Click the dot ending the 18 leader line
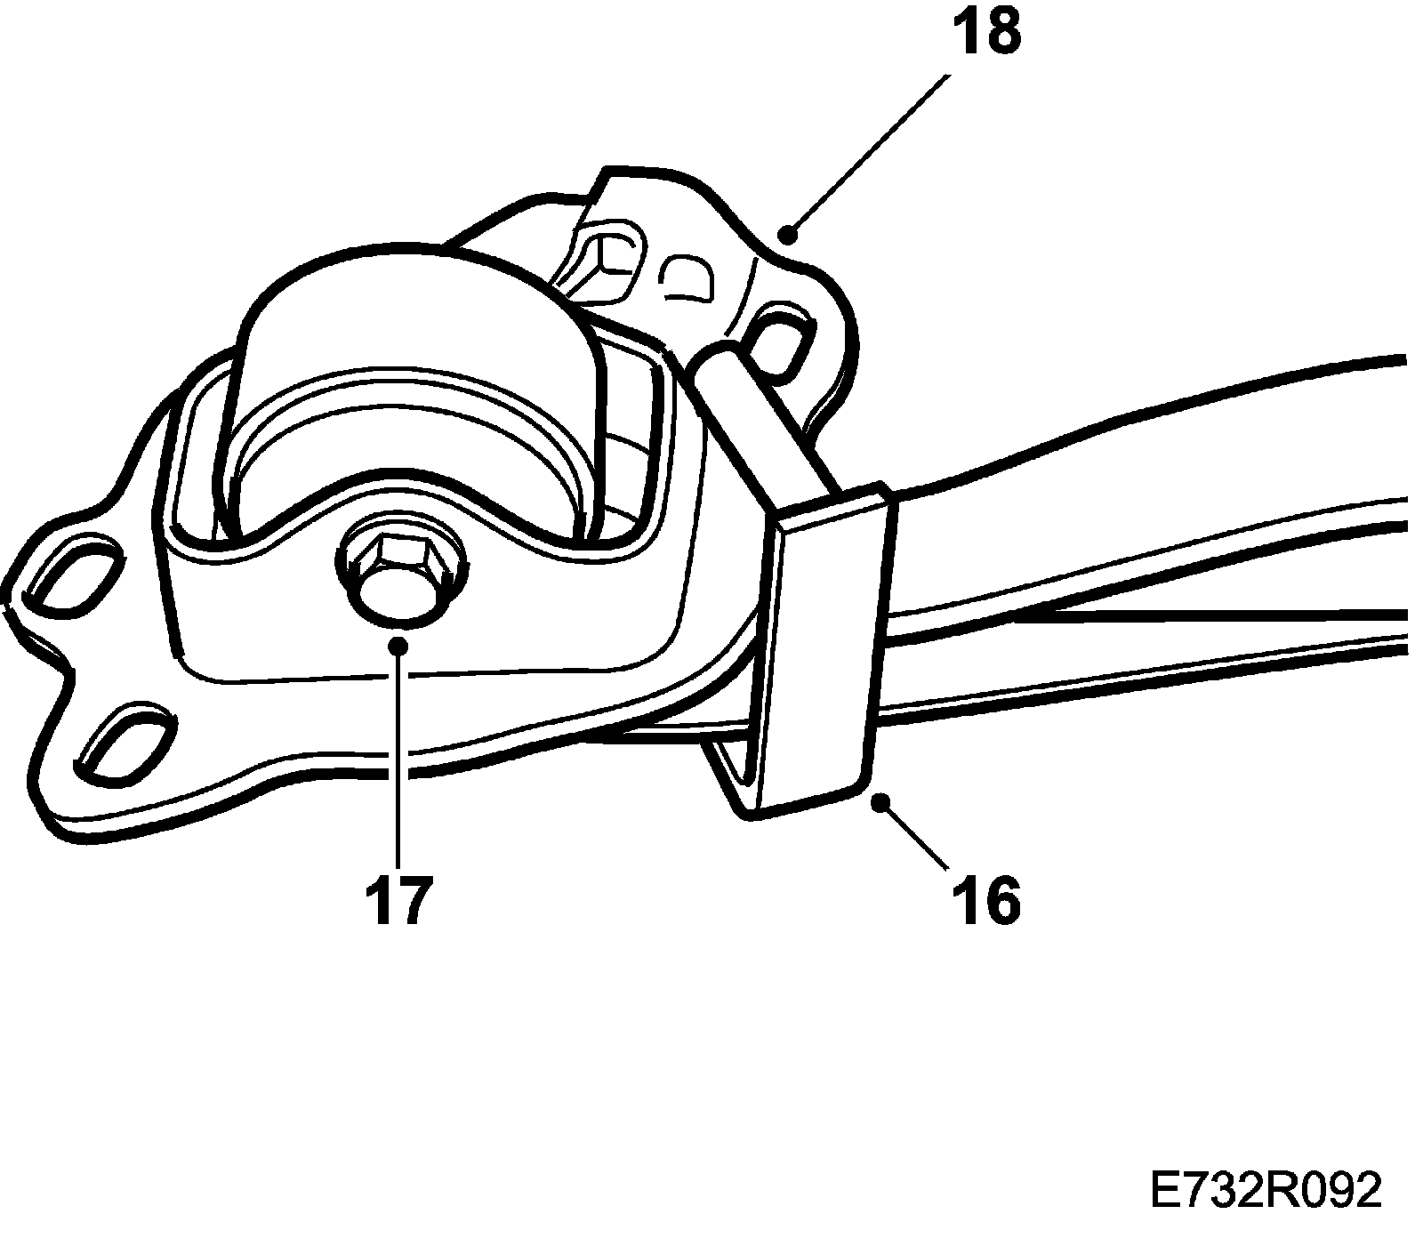(786, 234)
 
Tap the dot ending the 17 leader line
(398, 645)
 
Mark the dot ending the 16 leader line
(880, 802)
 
